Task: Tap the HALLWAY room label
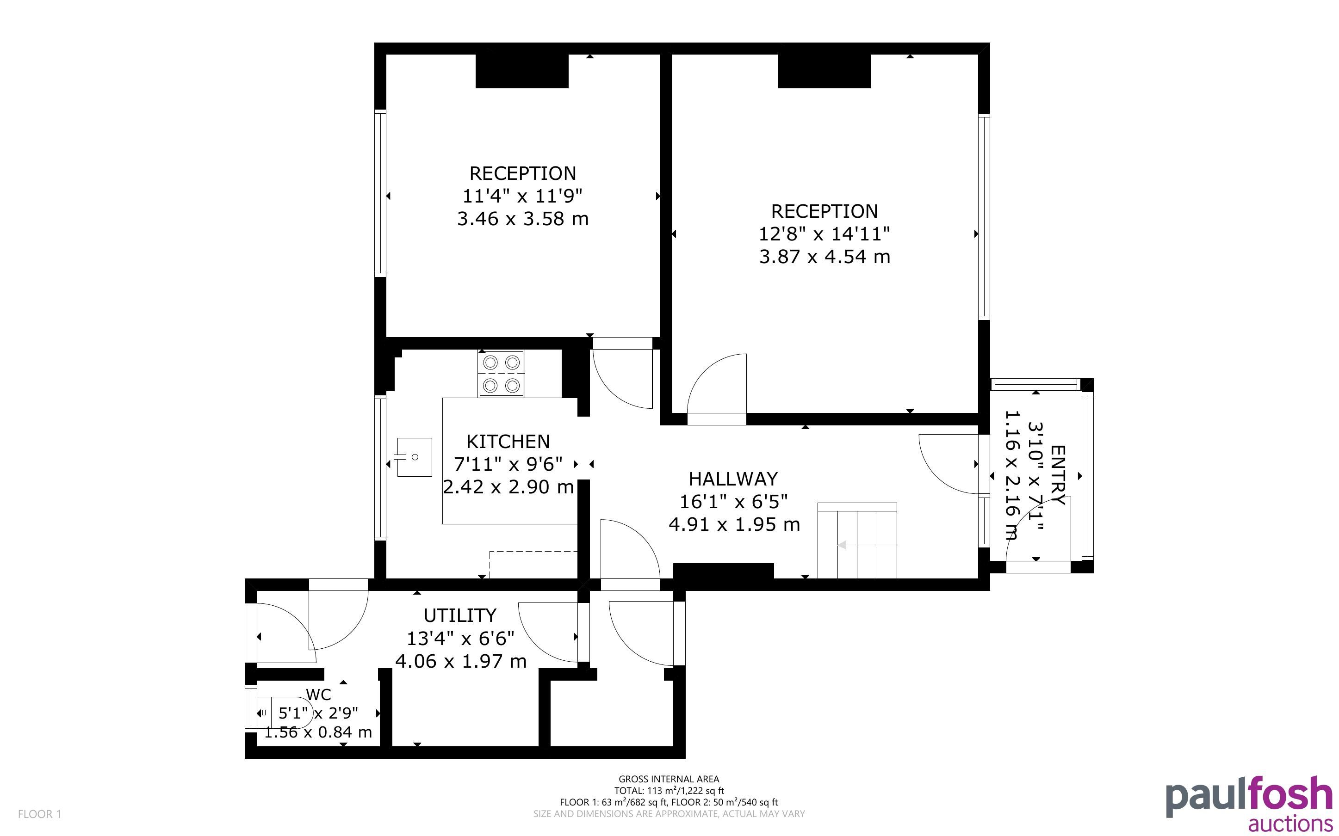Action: (x=733, y=478)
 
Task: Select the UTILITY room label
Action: (x=459, y=615)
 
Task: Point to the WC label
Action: (x=319, y=695)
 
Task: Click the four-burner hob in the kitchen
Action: (x=501, y=374)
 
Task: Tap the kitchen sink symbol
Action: (x=414, y=457)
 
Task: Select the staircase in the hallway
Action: (x=857, y=541)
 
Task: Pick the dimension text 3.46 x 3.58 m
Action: (x=523, y=219)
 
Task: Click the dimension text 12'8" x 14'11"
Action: (x=824, y=234)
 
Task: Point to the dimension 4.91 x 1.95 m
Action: (x=734, y=524)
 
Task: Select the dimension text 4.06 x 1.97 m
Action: (x=461, y=661)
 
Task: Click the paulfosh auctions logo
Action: (x=1249, y=803)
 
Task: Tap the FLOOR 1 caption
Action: (x=39, y=814)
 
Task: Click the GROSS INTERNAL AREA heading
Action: (x=669, y=780)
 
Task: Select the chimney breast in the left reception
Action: (x=522, y=71)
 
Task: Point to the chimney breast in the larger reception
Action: (x=824, y=71)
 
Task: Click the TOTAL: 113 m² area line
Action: (x=669, y=791)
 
